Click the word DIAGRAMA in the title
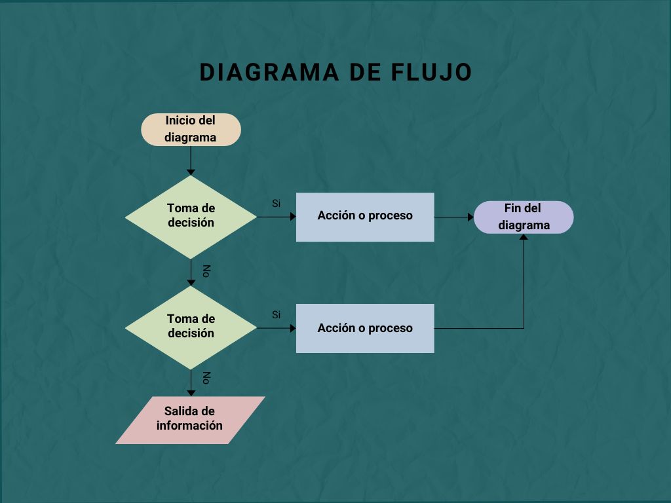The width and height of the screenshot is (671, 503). point(265,73)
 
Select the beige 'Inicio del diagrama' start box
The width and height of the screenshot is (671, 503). point(191,129)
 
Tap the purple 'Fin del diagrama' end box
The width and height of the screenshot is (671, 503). point(523,217)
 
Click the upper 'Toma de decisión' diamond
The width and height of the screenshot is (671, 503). point(191,216)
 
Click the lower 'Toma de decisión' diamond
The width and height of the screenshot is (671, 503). point(191,327)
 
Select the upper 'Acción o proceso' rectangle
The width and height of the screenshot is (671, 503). point(365,217)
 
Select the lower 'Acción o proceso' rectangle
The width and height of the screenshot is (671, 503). point(365,328)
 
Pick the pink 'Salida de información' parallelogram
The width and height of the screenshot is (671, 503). point(190,419)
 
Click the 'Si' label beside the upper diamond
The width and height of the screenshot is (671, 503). point(277,204)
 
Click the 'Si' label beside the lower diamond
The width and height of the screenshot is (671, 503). point(277,315)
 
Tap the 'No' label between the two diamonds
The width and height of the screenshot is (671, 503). point(206,271)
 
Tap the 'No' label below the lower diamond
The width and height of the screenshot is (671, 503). point(206,378)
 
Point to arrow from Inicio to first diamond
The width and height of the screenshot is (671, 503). point(191,160)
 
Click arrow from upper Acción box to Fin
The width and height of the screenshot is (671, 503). point(453,217)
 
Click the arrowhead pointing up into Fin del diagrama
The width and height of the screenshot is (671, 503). point(524,237)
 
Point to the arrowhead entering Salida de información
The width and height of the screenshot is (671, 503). point(191,392)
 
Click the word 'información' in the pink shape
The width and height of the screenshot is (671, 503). point(190,426)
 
